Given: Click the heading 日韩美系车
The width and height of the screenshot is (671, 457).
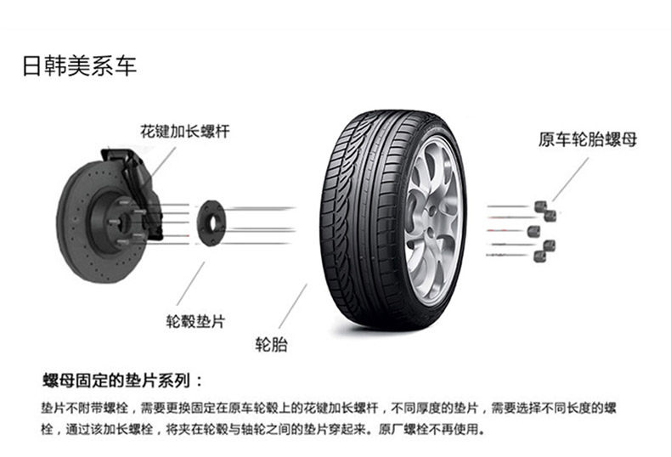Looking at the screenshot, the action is click(x=80, y=66).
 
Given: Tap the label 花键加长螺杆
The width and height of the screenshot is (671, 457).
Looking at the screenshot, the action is click(x=185, y=131).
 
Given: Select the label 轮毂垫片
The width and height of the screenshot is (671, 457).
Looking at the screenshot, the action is click(x=195, y=321).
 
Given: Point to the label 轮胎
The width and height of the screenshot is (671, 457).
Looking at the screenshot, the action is click(x=271, y=344).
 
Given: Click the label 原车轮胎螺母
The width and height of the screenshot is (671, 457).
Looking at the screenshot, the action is click(x=588, y=139).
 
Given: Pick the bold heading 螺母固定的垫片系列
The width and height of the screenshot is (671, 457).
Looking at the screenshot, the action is click(x=117, y=380).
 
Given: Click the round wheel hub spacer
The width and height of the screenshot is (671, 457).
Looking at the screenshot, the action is click(x=211, y=223).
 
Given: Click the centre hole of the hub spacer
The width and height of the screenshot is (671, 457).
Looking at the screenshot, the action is click(x=213, y=223).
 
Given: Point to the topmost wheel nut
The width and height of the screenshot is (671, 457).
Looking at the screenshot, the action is click(x=540, y=206).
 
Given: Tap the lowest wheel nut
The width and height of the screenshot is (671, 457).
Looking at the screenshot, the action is click(x=539, y=257).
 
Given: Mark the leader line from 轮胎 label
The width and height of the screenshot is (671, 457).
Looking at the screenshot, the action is click(x=293, y=306).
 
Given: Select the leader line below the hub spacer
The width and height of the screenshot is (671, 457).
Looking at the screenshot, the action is click(x=191, y=283).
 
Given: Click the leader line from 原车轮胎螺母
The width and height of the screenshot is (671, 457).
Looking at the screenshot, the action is click(x=571, y=179).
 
